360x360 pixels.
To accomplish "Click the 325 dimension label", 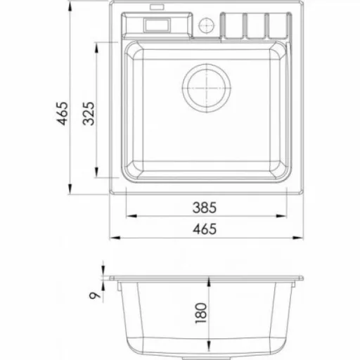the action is click(89, 114).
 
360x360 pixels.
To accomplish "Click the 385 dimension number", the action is click(205, 207).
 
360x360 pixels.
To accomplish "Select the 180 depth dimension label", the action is click(201, 313).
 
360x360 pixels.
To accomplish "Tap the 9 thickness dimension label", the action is click(95, 295).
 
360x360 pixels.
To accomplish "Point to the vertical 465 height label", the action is click(63, 113).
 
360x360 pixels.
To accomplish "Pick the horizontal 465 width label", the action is click(205, 229).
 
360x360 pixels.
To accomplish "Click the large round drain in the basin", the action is click(207, 88).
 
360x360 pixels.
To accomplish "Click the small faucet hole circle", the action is click(207, 25).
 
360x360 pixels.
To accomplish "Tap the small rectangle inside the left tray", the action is click(157, 25).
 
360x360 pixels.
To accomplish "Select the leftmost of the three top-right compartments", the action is click(233, 25).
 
